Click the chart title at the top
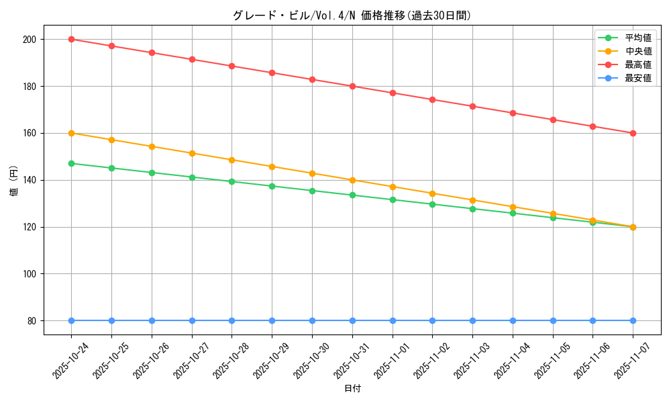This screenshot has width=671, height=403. [352, 15]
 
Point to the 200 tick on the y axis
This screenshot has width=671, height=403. [29, 39]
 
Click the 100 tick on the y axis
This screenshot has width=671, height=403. [29, 274]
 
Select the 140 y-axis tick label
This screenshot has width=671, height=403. [29, 180]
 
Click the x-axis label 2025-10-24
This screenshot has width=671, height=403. [71, 360]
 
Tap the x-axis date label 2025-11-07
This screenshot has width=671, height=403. [633, 360]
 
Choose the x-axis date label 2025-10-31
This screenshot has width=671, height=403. [352, 360]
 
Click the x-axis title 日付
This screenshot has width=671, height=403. [352, 389]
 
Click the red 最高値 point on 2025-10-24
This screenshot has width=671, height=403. [71, 39]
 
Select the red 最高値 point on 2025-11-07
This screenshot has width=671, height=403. [633, 133]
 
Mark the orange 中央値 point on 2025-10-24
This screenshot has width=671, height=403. [71, 133]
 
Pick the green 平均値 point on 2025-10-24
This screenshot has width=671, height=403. [71, 163]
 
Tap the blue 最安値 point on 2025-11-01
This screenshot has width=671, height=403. [393, 320]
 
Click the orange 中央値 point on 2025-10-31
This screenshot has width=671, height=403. [352, 180]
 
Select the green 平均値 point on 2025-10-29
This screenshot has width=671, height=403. [272, 186]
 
